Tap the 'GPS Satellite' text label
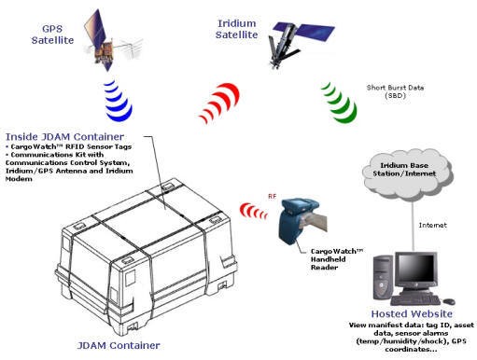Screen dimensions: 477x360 point(52,35)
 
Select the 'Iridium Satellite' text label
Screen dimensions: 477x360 point(237,29)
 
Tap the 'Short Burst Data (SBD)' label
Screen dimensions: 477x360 point(395,91)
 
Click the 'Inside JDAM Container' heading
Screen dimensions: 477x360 point(64,136)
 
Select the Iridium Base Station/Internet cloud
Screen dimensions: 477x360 point(406,174)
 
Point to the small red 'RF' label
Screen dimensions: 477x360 point(273,196)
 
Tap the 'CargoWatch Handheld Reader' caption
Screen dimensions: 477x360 point(337,259)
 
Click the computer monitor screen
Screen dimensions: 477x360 point(416,270)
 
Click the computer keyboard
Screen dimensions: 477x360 point(415,300)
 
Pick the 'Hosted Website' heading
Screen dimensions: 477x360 point(412,313)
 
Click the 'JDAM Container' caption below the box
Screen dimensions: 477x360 point(119,345)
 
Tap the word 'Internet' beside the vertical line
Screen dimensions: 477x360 point(432,225)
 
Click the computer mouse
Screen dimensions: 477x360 point(449,301)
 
